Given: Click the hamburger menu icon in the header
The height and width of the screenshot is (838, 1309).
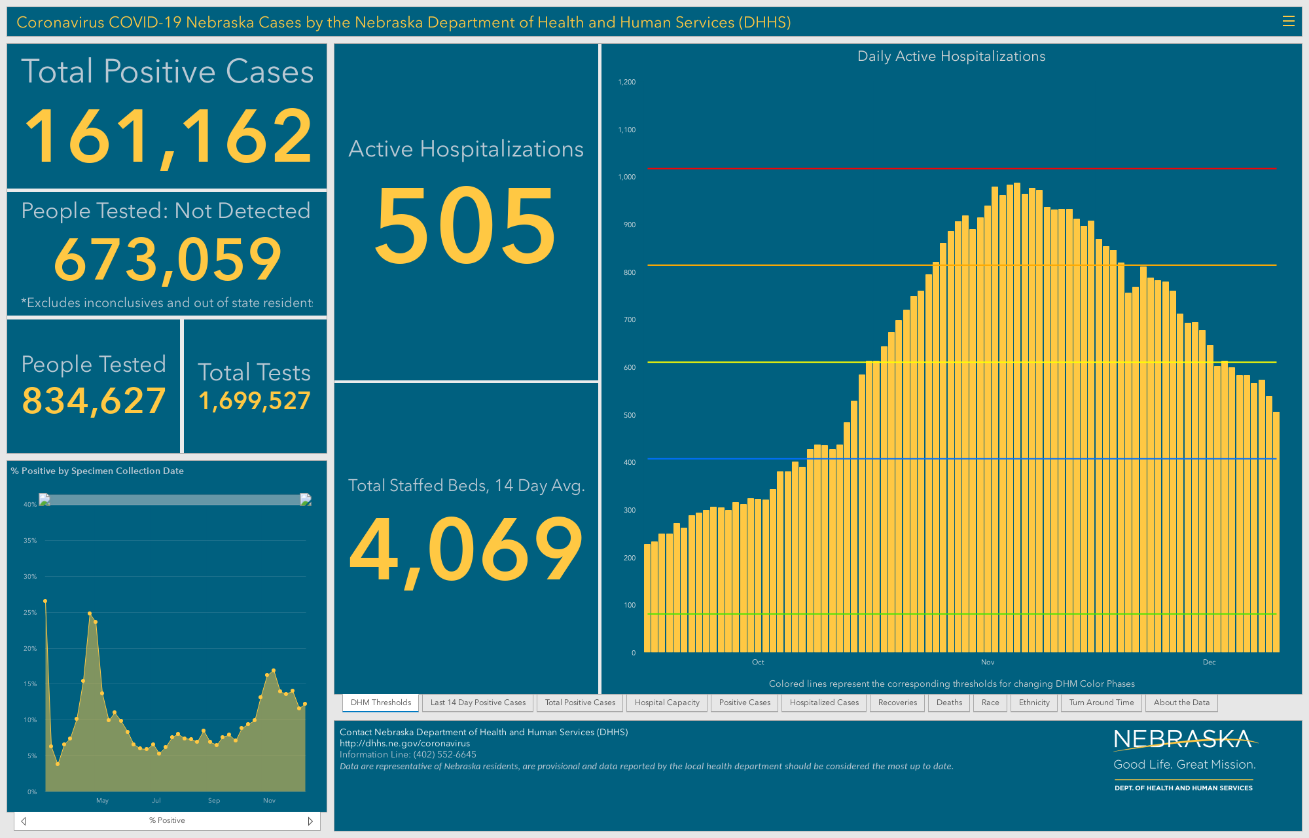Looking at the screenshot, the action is [1288, 22].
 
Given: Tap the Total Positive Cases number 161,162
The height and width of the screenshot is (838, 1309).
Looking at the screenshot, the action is [168, 137].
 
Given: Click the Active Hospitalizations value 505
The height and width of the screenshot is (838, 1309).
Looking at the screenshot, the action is [465, 225].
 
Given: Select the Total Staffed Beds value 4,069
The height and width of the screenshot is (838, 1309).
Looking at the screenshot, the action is [466, 549].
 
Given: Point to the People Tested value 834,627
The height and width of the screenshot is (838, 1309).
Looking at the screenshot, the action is [94, 401].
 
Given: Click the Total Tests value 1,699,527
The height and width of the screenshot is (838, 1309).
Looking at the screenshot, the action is [255, 401].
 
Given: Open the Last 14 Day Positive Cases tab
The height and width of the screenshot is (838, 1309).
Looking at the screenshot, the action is [478, 702].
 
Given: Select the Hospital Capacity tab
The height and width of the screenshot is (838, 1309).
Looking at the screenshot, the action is [667, 702].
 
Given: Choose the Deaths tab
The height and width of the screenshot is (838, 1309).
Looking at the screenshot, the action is [949, 702].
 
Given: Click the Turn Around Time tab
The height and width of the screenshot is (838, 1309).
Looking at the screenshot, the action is [1102, 702].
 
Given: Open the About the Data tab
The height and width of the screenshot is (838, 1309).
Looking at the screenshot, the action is [1181, 702].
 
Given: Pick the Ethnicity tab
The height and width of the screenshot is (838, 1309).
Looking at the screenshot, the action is [1034, 702].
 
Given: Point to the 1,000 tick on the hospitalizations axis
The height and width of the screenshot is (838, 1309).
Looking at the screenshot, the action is [627, 177].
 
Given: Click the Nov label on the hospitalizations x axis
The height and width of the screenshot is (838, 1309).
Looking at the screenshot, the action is [988, 662].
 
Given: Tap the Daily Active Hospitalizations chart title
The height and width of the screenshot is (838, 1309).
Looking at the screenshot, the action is [951, 56].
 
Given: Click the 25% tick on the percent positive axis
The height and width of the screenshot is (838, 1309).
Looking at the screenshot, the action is [30, 613].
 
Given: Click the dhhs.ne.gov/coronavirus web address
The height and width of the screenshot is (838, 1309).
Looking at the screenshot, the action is [404, 743].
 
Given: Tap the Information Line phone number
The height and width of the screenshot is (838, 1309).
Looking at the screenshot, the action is [444, 754].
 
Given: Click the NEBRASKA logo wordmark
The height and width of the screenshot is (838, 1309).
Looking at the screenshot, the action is [1183, 739].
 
